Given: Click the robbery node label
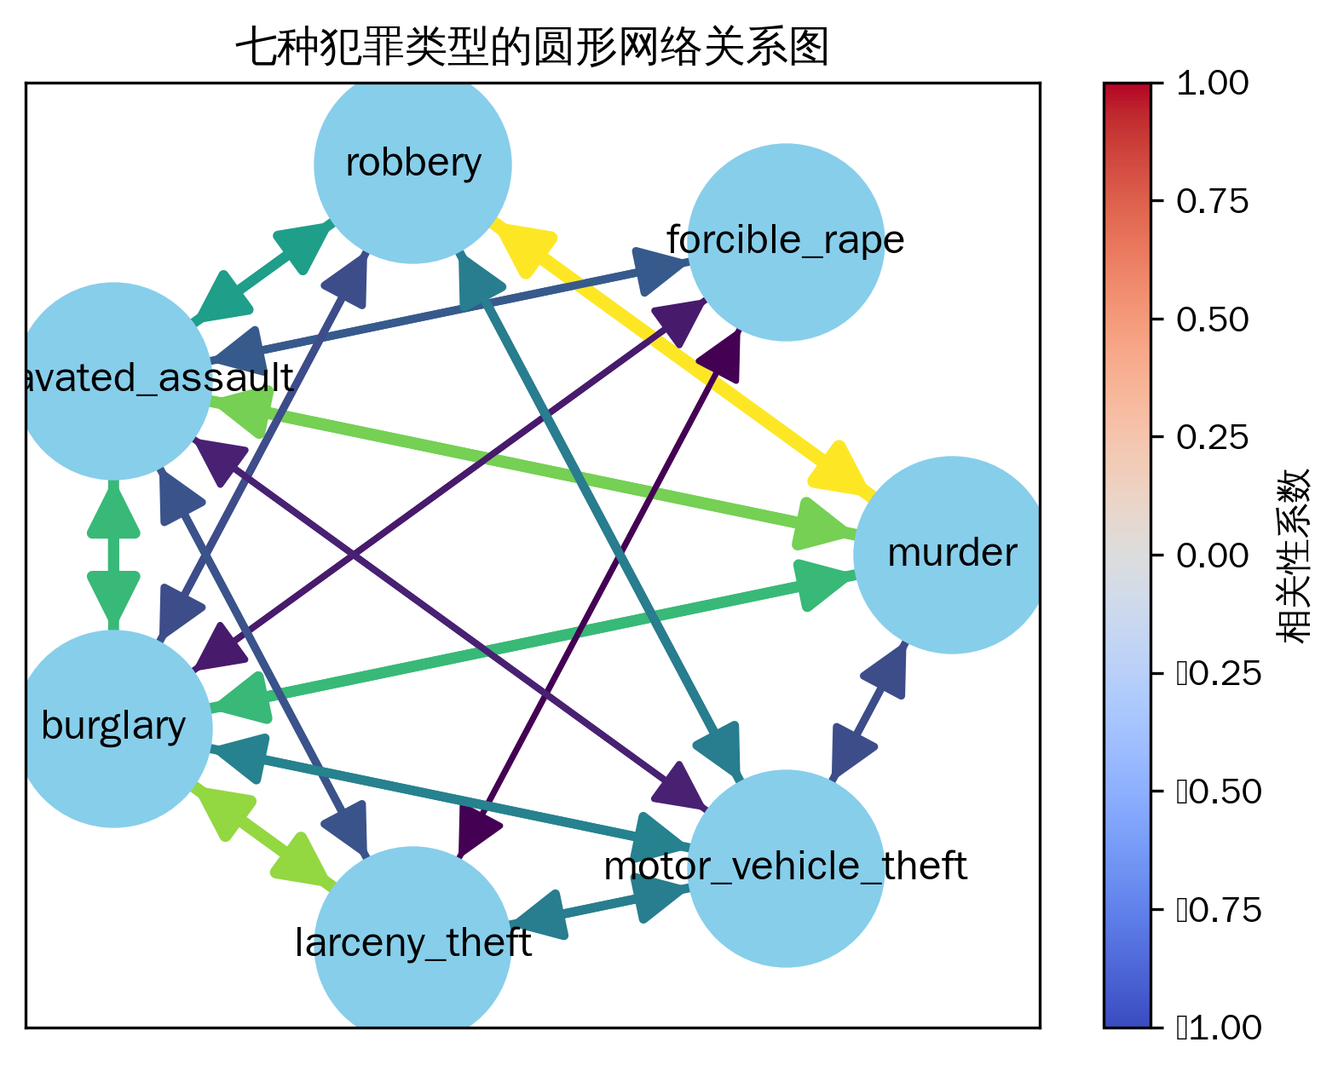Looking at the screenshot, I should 413,163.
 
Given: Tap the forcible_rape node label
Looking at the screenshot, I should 785,240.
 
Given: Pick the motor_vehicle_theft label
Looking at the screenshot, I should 785,867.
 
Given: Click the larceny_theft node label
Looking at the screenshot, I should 413,943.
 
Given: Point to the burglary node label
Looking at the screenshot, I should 113,727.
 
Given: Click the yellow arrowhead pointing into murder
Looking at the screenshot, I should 839,469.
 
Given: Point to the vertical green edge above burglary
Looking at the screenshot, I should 113,554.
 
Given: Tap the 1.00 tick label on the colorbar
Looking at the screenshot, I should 1212,83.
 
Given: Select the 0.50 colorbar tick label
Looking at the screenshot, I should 1212,320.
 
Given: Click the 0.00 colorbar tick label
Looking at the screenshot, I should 1212,556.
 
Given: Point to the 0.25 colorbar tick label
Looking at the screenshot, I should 1212,438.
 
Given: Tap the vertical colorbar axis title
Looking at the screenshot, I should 1292,556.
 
